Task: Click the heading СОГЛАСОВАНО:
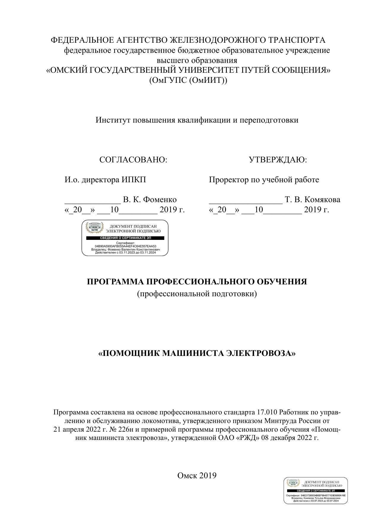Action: click(133, 160)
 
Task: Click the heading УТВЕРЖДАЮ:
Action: click(278, 160)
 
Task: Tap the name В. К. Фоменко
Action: click(150, 200)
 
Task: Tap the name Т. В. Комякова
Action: click(313, 200)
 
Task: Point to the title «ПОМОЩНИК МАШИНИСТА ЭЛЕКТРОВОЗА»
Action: click(197, 354)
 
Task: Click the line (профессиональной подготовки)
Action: click(197, 294)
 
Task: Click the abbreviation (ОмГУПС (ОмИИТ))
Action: click(188, 80)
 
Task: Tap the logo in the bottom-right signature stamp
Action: click(293, 483)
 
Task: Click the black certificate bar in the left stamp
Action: click(125, 238)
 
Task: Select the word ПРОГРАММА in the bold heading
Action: click(115, 282)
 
